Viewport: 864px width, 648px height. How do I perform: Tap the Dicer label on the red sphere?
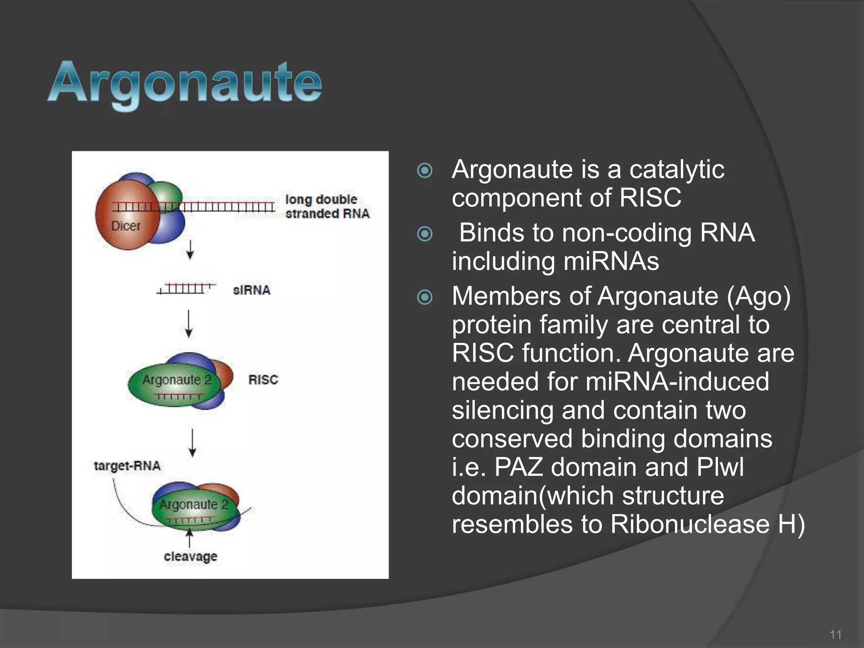125,226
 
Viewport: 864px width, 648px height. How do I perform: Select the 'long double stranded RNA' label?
327,206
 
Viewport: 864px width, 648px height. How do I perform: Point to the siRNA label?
251,290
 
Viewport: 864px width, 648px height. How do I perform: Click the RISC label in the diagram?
263,380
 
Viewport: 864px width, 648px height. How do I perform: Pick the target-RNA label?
127,466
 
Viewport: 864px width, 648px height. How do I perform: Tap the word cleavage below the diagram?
190,556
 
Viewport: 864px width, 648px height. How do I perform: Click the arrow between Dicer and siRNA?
190,250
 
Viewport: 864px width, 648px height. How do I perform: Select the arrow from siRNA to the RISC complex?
189,324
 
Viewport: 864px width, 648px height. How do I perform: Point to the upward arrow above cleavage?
190,538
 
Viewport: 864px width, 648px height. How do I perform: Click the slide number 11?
835,634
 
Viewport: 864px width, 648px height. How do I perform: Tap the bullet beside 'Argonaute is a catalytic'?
425,171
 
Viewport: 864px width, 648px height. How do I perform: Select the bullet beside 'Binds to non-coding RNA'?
425,234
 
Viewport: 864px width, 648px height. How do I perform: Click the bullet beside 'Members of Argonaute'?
425,297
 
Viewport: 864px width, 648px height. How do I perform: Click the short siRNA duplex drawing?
186,289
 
